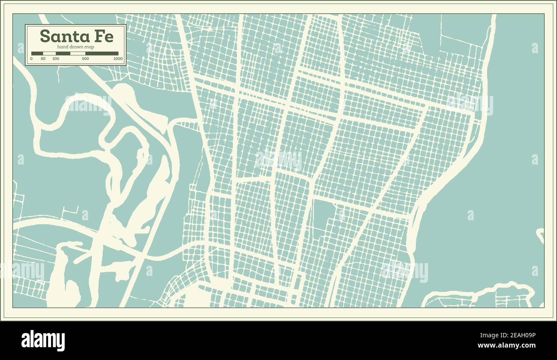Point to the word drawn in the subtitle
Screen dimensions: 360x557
(x=77, y=46)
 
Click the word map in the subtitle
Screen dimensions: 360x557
(x=90, y=46)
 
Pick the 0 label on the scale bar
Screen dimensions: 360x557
(x=31, y=58)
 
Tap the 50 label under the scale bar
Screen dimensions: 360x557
(x=43, y=58)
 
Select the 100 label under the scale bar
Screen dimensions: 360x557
(x=56, y=58)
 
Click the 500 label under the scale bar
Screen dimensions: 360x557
(x=85, y=58)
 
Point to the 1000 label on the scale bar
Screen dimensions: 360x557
(x=118, y=58)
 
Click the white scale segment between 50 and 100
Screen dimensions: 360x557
(x=50, y=54)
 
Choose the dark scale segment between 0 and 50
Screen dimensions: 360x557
(x=37, y=54)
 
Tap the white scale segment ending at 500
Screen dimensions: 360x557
(x=78, y=54)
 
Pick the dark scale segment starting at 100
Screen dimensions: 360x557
(x=63, y=54)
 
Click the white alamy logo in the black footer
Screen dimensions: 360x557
(x=43, y=341)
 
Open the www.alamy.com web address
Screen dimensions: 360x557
(x=506, y=345)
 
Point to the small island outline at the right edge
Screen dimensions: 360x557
(x=540, y=235)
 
